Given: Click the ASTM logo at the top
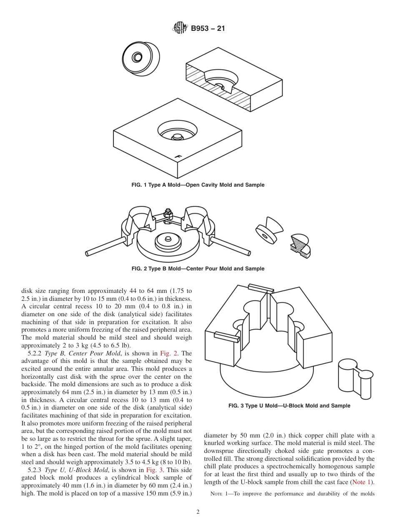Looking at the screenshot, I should click(180, 28).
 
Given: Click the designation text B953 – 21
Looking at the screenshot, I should click(208, 29).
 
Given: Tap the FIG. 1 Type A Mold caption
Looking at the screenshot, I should click(198, 185).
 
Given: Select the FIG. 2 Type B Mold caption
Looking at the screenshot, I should click(198, 269).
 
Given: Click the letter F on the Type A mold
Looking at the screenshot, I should click(179, 157).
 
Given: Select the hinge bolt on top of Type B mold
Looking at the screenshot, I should click(168, 213).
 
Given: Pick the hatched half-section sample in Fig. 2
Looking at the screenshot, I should click(301, 246).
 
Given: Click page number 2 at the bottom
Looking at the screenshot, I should click(198, 512).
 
